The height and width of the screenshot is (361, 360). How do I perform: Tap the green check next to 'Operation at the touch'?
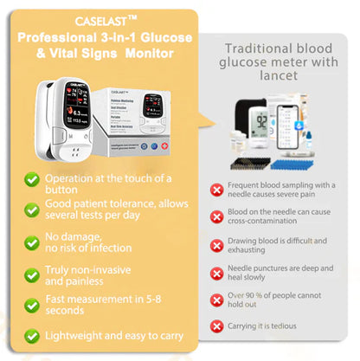click(32, 179)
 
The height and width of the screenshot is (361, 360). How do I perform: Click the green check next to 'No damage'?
click(32, 240)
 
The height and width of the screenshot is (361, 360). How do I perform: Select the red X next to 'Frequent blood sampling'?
click(217, 190)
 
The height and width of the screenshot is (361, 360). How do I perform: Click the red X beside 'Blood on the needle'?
click(217, 220)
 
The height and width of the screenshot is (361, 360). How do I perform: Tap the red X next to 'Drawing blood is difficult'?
click(217, 246)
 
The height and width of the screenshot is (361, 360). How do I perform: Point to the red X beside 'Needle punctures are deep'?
click(217, 273)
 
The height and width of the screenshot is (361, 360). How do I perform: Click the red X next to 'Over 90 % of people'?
click(217, 300)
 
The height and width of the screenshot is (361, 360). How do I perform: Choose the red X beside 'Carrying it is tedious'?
click(217, 326)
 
